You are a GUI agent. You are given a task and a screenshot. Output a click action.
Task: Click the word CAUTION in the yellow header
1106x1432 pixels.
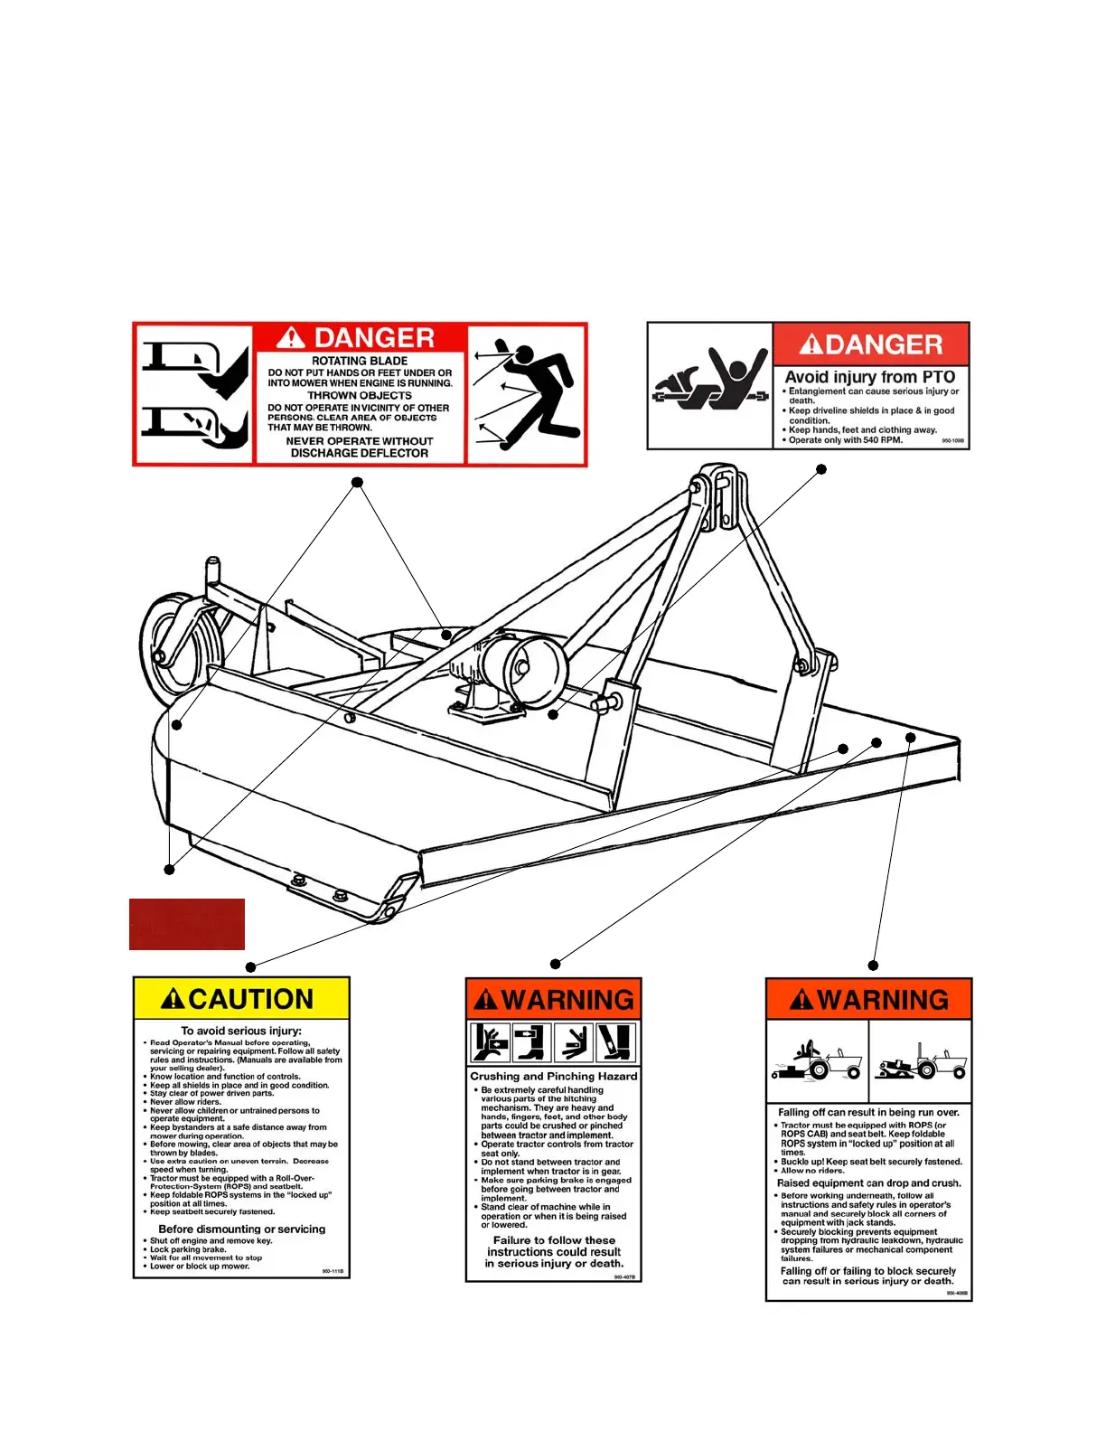coord(251,999)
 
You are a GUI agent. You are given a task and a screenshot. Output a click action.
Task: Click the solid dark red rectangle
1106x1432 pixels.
coord(187,924)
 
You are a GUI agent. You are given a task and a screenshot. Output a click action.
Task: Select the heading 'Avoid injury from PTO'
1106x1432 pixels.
coord(869,377)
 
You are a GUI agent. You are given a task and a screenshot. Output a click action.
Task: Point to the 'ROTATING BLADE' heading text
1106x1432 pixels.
coord(360,361)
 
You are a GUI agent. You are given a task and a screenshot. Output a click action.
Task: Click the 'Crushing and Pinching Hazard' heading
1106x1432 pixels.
coord(553,1076)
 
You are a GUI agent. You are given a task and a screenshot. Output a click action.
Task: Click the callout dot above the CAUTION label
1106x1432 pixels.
coord(251,967)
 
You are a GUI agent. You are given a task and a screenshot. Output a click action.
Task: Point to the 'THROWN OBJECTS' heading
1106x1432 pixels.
coord(360,395)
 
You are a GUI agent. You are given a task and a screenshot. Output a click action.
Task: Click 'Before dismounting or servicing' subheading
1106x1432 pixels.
coord(242,1229)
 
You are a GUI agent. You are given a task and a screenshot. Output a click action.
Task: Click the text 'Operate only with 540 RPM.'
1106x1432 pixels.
coord(846,440)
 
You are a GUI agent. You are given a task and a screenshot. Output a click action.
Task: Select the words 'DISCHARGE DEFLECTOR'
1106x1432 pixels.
coord(360,453)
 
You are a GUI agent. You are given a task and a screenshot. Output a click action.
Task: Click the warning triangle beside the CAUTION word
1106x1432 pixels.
coord(173,999)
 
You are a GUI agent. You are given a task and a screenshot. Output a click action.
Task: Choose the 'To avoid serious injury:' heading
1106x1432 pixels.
coord(241,1031)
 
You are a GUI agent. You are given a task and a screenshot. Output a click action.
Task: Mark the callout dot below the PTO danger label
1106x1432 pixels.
coord(821,469)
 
